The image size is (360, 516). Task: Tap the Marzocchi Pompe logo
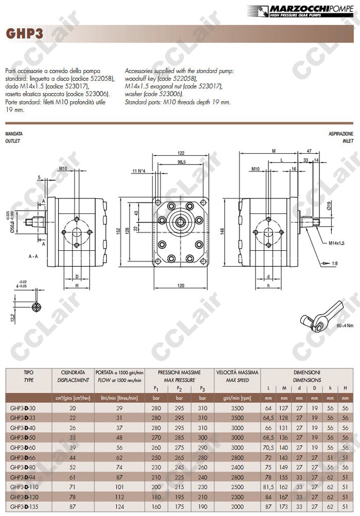(x=303, y=10)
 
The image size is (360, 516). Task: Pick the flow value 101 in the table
(x=119, y=487)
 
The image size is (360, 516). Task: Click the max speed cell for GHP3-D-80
(x=237, y=467)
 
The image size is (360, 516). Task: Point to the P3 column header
(x=202, y=388)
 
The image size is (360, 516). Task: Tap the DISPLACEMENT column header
(x=73, y=380)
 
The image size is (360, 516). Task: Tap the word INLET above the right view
(x=348, y=140)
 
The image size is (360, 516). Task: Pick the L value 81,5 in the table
(x=268, y=487)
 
